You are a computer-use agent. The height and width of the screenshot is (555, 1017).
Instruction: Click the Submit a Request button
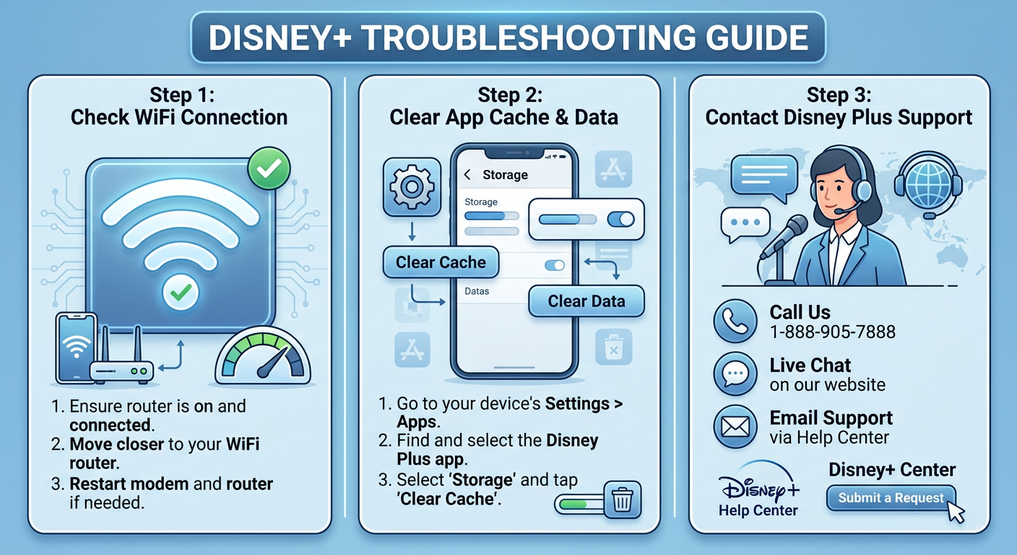click(x=891, y=498)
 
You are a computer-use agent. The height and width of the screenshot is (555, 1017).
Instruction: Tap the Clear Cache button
click(x=441, y=262)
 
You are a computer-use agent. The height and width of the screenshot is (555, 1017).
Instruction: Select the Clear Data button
click(x=587, y=301)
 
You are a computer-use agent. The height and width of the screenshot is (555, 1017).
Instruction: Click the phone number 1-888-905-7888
click(x=832, y=332)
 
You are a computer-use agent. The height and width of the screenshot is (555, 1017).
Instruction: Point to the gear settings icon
click(x=412, y=186)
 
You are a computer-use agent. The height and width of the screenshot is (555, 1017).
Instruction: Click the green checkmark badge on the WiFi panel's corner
click(x=268, y=169)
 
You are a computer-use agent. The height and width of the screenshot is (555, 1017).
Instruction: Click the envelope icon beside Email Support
click(x=735, y=427)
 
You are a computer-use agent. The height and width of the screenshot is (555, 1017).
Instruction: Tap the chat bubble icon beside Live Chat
click(x=735, y=374)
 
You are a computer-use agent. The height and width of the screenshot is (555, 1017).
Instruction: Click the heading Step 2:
click(x=510, y=95)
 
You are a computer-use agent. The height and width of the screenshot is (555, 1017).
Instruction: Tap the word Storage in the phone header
click(x=505, y=175)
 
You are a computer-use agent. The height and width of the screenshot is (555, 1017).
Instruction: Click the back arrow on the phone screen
click(x=467, y=175)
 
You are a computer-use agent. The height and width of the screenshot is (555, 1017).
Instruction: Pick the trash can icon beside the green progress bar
click(x=621, y=500)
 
